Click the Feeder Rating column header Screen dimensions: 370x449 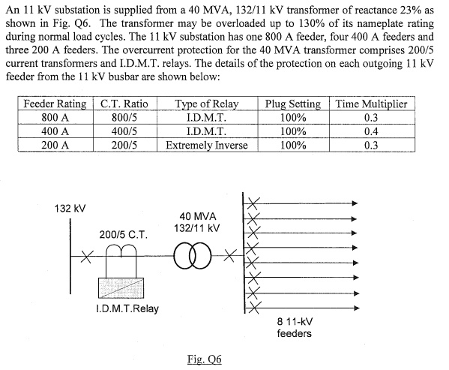click(53, 104)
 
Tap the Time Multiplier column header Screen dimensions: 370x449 click(371, 104)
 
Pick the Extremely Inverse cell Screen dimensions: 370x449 click(206, 144)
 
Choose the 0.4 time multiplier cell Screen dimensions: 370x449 click(371, 131)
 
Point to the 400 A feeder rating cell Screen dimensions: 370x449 click(55, 131)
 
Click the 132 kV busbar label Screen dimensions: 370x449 click(70, 207)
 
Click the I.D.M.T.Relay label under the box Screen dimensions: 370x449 click(127, 308)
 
